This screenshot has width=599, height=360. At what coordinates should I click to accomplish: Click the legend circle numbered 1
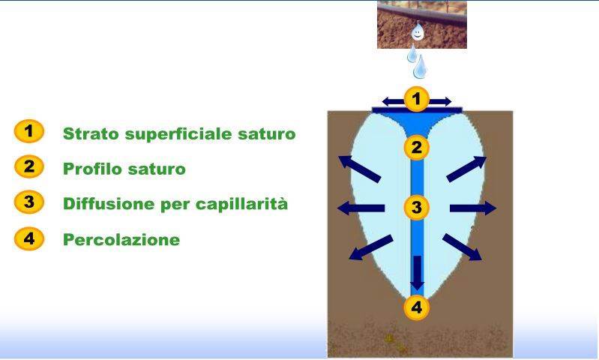click(29, 131)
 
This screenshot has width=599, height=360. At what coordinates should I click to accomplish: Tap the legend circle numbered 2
click(29, 166)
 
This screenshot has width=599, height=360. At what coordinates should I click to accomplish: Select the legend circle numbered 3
click(29, 202)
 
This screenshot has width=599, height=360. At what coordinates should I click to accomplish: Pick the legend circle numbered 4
click(29, 238)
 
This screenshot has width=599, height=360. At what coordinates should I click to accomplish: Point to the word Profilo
click(91, 169)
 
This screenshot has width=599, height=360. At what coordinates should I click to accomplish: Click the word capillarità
click(241, 204)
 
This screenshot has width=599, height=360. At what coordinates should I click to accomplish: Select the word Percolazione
click(121, 239)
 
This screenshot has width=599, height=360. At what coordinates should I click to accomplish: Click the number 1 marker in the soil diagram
click(416, 99)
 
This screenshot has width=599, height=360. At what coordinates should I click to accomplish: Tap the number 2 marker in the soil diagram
click(416, 148)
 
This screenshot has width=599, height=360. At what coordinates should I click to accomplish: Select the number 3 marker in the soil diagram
click(416, 208)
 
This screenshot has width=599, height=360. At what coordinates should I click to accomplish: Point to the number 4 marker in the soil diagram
click(416, 307)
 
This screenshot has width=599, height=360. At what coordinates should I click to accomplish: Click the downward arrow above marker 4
click(417, 273)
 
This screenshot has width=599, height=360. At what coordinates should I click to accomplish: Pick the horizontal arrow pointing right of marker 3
click(473, 208)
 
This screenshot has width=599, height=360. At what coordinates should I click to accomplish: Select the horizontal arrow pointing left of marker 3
click(361, 208)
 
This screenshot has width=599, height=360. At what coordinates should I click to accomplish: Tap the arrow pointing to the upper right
click(466, 169)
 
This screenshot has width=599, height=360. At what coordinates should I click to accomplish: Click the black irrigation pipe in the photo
click(422, 13)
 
